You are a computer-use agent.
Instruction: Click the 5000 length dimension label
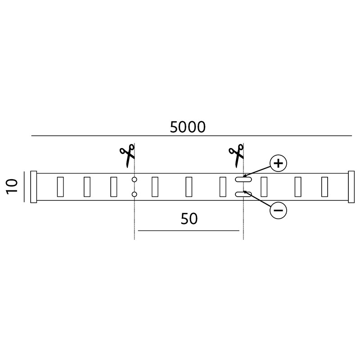(x=188, y=127)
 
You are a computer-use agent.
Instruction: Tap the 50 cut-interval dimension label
(x=189, y=219)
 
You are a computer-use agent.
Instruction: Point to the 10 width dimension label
(x=12, y=187)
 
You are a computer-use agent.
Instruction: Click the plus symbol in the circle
(x=279, y=163)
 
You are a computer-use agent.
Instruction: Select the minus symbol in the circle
(x=279, y=210)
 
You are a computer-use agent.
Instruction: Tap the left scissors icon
(x=127, y=155)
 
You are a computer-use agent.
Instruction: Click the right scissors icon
(x=236, y=155)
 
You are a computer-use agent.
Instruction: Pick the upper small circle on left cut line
(x=135, y=179)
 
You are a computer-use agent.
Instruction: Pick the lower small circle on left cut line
(x=135, y=194)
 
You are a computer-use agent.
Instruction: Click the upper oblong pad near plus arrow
(x=243, y=179)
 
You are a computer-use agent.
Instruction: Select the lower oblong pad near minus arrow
(x=243, y=194)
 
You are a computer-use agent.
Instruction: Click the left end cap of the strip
(x=33, y=187)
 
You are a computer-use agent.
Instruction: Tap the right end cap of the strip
(x=351, y=187)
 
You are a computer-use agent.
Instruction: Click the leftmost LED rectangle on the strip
(x=60, y=187)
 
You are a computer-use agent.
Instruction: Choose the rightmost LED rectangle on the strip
(x=324, y=187)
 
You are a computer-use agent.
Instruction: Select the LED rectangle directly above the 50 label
(x=189, y=187)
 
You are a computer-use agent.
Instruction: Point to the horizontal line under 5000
(x=192, y=136)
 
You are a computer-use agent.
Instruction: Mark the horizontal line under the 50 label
(x=189, y=230)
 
